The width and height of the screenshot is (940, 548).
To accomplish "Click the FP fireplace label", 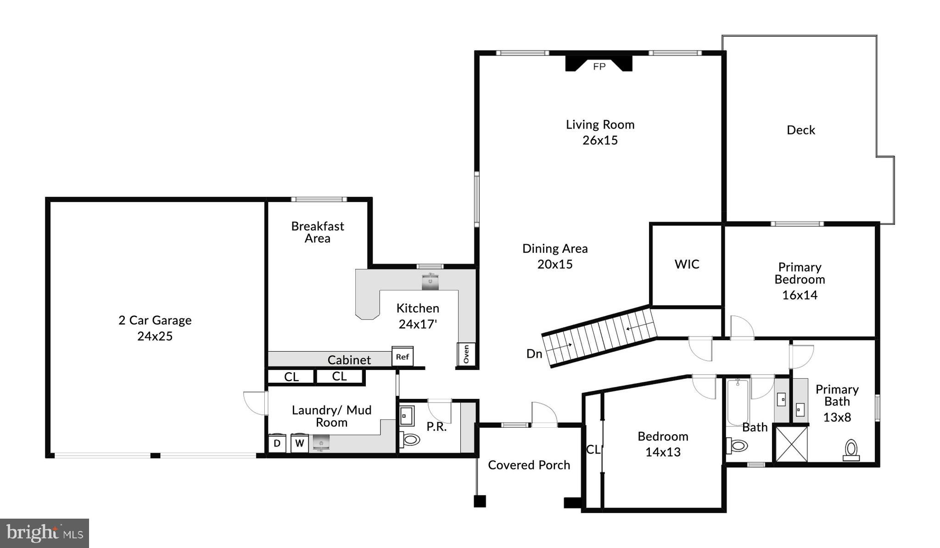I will pos(599,67).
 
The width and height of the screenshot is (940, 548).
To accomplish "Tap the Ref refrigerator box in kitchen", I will pos(402,357).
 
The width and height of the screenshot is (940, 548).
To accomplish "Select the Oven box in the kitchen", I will pos(466,354).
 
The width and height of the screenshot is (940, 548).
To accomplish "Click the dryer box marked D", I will pos(277,443).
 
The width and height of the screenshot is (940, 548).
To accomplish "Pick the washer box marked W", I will pos(299,443).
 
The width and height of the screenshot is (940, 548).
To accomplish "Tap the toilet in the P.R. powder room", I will pos(410,440).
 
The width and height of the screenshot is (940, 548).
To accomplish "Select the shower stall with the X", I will pos(791,444).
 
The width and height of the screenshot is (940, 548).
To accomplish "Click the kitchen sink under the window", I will pos(430,282).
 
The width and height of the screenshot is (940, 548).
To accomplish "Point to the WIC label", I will pos(687,264).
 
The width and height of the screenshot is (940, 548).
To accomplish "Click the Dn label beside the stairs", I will pos(534,354).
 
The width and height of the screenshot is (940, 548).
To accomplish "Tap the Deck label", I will pos(800,130).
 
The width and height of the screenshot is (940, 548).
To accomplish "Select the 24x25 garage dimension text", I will pos(155,336).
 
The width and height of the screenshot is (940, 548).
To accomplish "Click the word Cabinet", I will pos(349,360).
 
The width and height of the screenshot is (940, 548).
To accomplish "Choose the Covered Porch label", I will pos(529,465).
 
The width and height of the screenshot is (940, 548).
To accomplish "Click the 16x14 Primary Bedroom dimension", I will pos(800,295).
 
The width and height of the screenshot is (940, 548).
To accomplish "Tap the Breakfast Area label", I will pos(317,232).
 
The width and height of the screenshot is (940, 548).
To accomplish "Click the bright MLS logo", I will pos(45,533).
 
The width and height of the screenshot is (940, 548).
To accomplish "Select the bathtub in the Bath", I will pos(738,403).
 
